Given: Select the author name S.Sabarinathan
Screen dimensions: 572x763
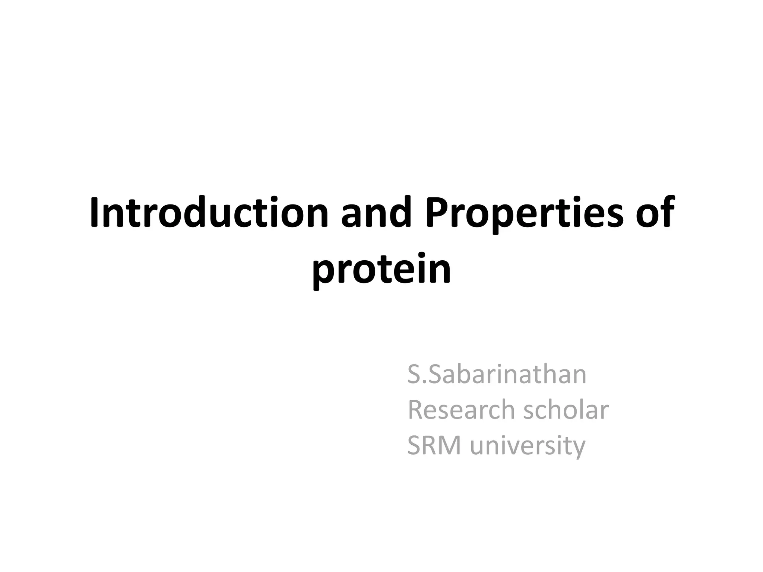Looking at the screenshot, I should click(x=497, y=375).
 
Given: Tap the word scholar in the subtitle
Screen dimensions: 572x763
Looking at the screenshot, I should click(x=566, y=410).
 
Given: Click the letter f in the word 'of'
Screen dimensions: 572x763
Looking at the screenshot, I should click(x=667, y=212).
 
